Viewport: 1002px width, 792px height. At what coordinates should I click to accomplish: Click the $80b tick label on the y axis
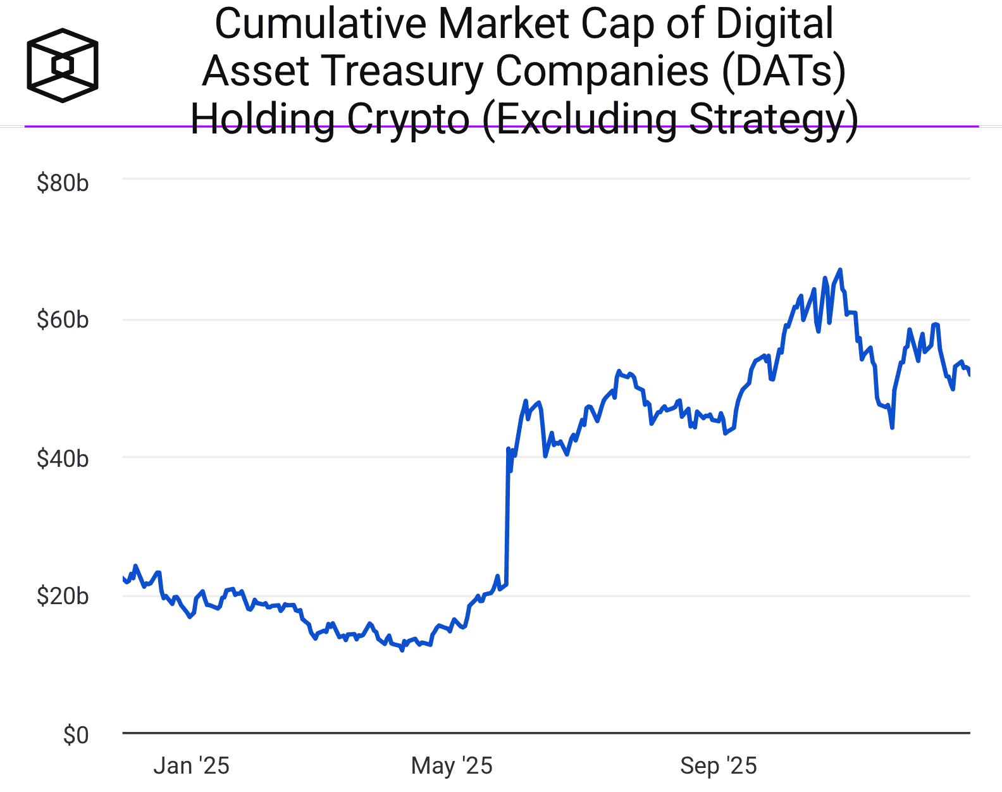tap(63, 183)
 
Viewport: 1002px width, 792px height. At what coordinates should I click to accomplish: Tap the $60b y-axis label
tap(63, 320)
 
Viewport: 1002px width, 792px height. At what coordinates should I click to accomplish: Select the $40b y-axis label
tap(63, 459)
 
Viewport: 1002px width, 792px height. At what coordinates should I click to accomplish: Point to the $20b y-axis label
tap(63, 596)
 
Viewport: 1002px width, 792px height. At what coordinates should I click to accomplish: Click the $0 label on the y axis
tap(76, 735)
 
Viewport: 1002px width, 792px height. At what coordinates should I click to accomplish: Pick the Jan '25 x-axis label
tap(191, 766)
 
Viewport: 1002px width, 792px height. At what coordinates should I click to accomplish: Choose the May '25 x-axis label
tap(452, 766)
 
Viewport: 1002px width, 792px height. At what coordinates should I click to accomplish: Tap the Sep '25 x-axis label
tap(719, 766)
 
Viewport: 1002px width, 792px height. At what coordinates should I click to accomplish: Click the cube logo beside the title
tap(63, 65)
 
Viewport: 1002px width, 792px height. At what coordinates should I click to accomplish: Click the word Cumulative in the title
tap(321, 24)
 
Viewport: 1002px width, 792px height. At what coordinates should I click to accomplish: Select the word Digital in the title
tap(774, 24)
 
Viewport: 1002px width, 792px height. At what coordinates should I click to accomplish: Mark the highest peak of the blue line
tap(840, 270)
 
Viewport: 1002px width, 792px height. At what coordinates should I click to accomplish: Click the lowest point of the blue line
tap(402, 650)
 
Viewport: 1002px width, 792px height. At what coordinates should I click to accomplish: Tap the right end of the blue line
tap(970, 374)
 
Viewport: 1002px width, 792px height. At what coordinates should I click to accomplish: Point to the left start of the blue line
tap(123, 578)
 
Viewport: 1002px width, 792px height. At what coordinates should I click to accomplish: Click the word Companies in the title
tap(602, 71)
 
